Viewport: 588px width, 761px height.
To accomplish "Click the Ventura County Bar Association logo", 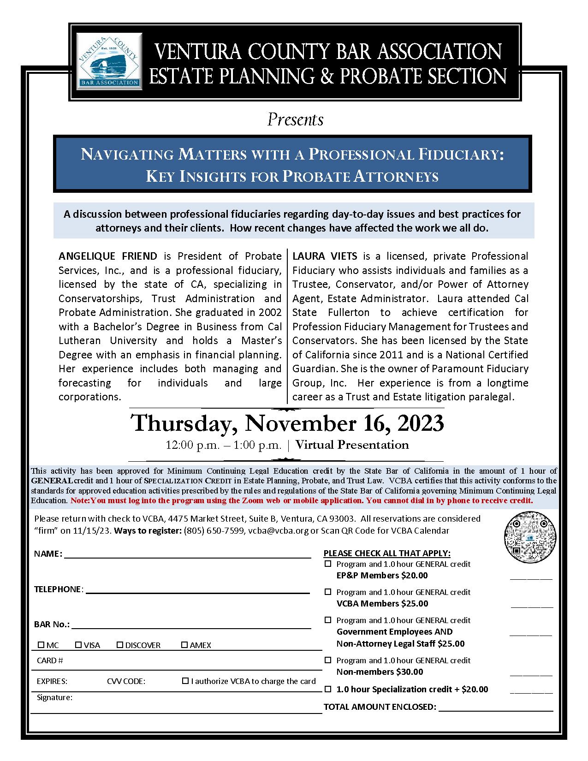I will tap(109, 61).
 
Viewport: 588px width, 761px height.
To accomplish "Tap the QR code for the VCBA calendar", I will tap(530, 537).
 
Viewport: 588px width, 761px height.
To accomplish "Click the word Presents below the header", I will tap(295, 120).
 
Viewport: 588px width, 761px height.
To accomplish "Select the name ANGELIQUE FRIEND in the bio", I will tap(108, 256).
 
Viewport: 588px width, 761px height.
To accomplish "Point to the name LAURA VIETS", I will tap(325, 256).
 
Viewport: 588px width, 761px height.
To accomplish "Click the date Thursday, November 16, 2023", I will tap(287, 423).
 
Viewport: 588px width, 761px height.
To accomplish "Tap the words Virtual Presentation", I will tap(352, 445).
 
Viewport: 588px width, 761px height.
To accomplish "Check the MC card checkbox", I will tap(41, 645).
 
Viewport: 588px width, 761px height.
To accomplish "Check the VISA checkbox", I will tap(78, 645).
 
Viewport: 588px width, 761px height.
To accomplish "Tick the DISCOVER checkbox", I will tap(120, 645).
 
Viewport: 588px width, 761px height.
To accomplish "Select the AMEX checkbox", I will tap(184, 645).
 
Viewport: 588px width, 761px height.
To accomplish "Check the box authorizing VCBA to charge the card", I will tap(185, 681).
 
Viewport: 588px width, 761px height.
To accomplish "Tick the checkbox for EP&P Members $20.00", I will tap(328, 564).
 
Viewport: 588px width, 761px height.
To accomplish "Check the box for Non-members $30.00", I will tap(328, 660).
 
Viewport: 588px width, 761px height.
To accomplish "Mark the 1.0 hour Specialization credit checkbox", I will tap(328, 689).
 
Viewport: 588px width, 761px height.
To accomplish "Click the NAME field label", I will tap(48, 554).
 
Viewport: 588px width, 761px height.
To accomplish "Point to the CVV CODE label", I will tap(126, 681).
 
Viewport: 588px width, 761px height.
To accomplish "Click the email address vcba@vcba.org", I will tap(278, 531).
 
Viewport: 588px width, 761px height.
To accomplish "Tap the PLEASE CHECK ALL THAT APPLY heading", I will tap(387, 553).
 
